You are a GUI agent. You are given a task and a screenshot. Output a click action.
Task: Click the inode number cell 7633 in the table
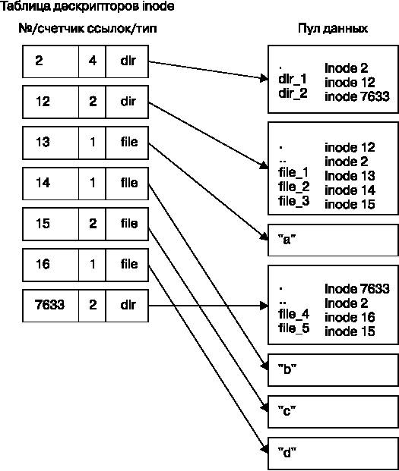51,306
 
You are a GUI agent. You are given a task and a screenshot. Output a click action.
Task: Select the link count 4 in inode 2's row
92,61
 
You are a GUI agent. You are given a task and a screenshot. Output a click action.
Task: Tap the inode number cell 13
51,143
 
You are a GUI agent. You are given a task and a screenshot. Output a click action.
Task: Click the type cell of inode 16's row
127,265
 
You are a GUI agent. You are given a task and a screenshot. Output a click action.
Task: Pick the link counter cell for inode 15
92,224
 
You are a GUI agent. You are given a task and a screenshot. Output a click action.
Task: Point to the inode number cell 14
51,184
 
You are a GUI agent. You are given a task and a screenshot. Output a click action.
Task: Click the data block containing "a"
333,240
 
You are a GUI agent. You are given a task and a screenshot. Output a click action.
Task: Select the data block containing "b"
333,370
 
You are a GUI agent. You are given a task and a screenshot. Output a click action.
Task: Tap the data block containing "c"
333,412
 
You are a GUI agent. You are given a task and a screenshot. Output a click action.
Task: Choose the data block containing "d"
333,454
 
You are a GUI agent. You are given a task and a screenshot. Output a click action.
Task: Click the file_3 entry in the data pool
293,201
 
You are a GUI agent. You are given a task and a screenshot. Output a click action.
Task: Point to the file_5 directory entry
293,328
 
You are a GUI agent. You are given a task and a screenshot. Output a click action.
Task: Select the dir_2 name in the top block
293,93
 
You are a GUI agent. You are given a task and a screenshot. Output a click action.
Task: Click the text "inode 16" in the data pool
350,317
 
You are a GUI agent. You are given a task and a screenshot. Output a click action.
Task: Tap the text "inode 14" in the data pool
350,190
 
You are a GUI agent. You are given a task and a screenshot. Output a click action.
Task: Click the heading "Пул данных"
333,29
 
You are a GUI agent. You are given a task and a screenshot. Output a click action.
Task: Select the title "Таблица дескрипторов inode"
87,7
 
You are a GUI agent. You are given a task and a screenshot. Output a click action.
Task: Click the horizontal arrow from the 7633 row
208,306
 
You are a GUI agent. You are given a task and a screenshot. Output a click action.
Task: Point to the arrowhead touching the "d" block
264,450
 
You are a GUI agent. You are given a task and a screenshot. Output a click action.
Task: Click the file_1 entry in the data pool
293,173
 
